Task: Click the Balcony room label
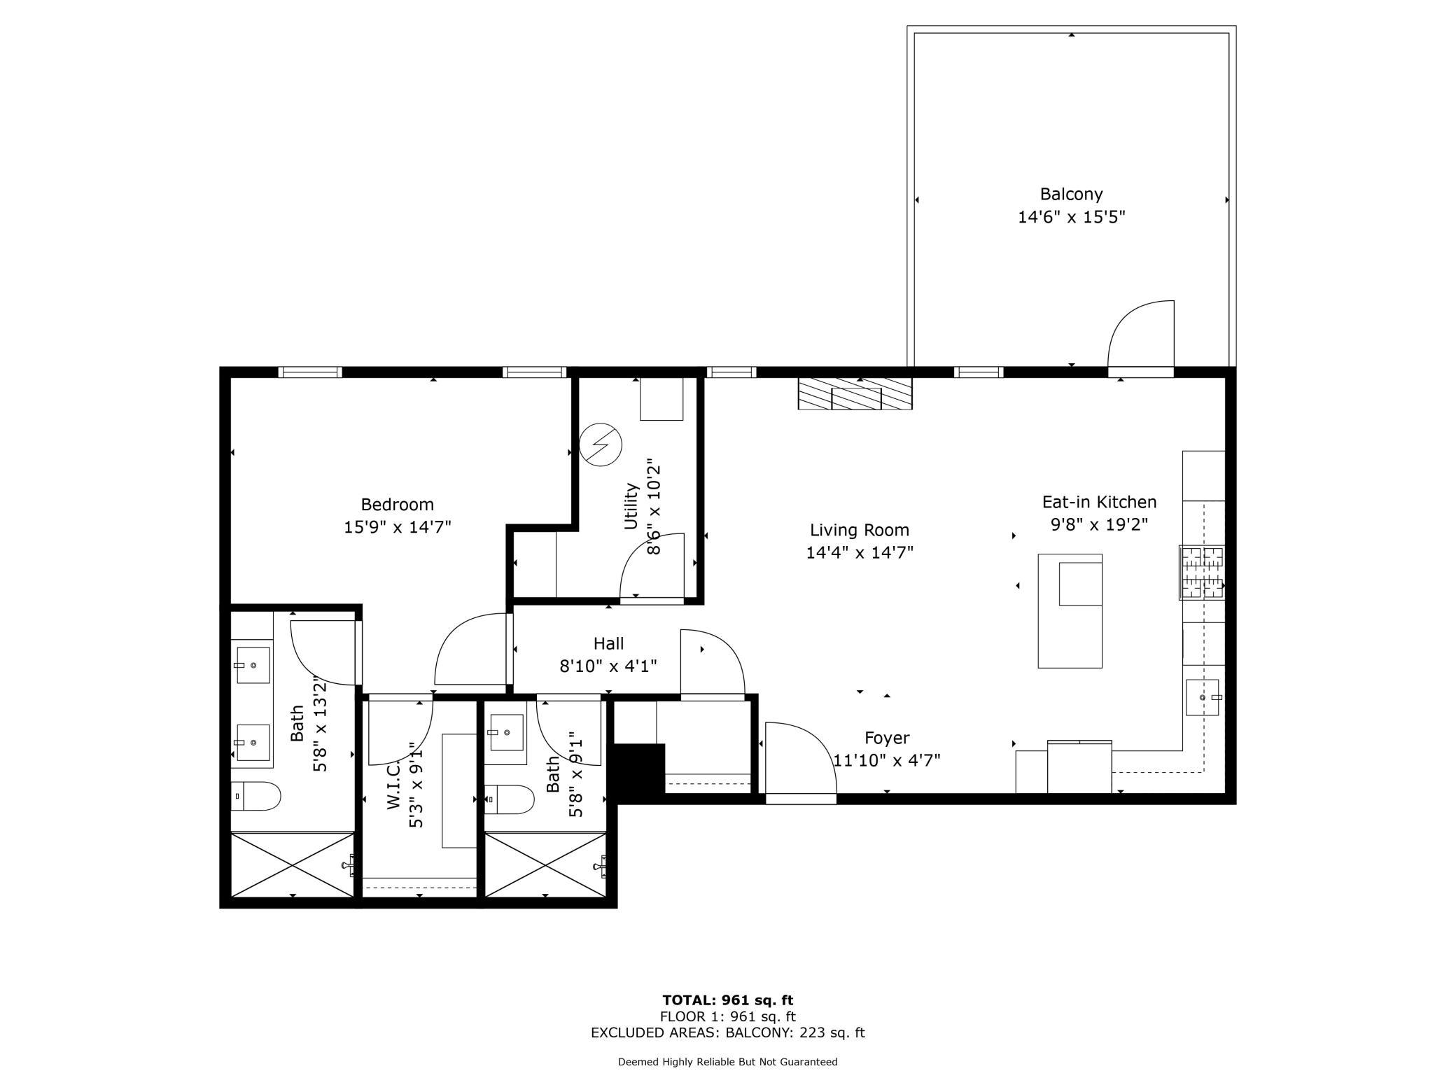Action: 1071,194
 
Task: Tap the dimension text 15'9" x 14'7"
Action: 397,526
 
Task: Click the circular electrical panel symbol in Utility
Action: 601,444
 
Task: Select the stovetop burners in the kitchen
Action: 1203,573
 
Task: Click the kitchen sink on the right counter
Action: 1202,697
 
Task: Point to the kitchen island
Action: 1070,610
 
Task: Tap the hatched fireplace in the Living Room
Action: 855,393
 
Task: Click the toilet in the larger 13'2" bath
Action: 256,796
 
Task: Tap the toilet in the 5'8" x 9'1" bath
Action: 510,799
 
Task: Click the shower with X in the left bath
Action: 293,864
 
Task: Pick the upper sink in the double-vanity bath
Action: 253,665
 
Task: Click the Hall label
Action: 608,643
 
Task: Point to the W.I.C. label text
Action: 393,786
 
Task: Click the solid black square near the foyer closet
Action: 638,768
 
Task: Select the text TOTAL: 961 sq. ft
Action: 727,1000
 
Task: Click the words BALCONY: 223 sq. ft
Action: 794,1032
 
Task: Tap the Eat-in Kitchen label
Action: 1099,502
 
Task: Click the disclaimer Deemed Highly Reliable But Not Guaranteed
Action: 727,1062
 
